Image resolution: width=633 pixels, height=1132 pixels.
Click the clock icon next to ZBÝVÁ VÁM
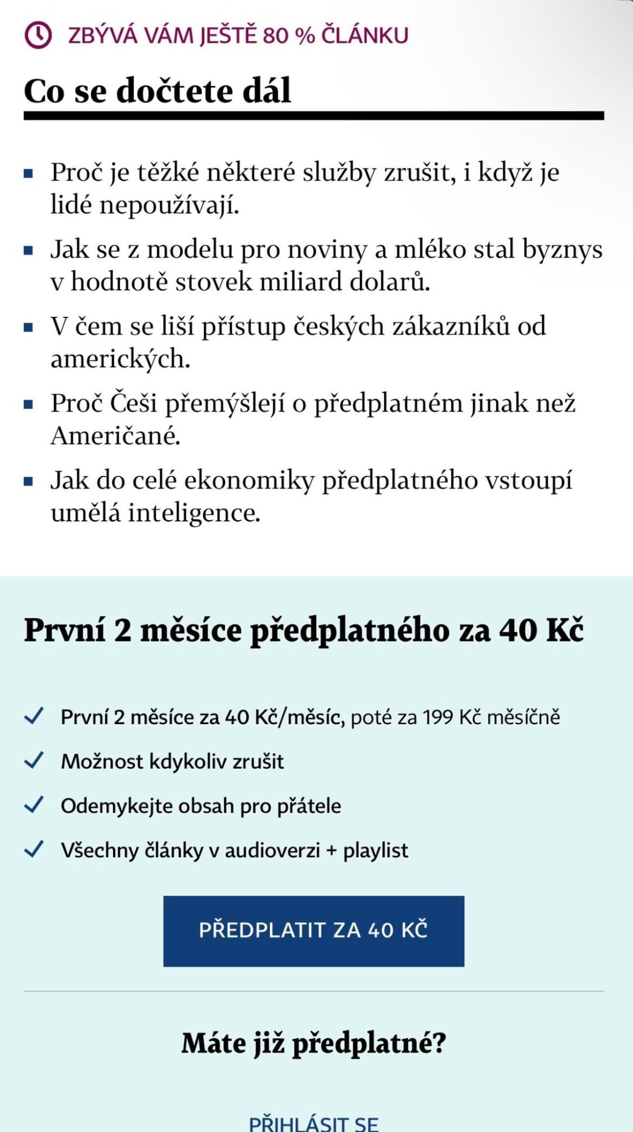(38, 35)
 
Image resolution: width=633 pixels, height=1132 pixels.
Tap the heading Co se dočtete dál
(157, 91)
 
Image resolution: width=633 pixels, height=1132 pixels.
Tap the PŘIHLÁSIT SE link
(314, 1123)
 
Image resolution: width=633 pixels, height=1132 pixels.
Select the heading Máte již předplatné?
(314, 1044)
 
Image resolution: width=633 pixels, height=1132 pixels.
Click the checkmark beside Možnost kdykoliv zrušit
(34, 760)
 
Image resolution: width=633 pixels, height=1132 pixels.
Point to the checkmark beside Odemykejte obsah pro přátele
(34, 804)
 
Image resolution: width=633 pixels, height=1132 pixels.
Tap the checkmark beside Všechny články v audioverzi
(34, 849)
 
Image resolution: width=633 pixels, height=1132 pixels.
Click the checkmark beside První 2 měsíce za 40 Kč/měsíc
(34, 715)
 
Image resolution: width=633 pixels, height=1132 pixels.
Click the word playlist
(375, 850)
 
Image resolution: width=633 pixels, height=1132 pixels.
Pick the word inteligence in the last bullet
(194, 513)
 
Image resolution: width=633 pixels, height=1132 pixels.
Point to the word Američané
(115, 435)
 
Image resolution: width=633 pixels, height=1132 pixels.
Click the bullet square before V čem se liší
(28, 328)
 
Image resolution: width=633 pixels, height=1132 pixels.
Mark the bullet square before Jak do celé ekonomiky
(28, 482)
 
